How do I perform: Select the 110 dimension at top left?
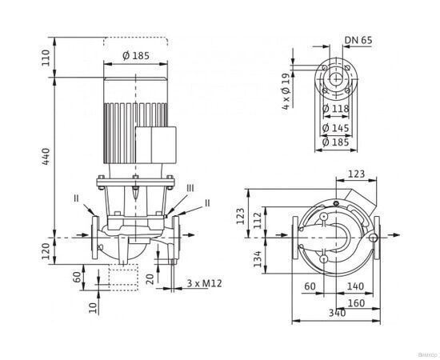(x=46, y=57)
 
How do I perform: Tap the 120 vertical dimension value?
(x=46, y=254)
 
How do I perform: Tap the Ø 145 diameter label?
(x=335, y=126)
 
